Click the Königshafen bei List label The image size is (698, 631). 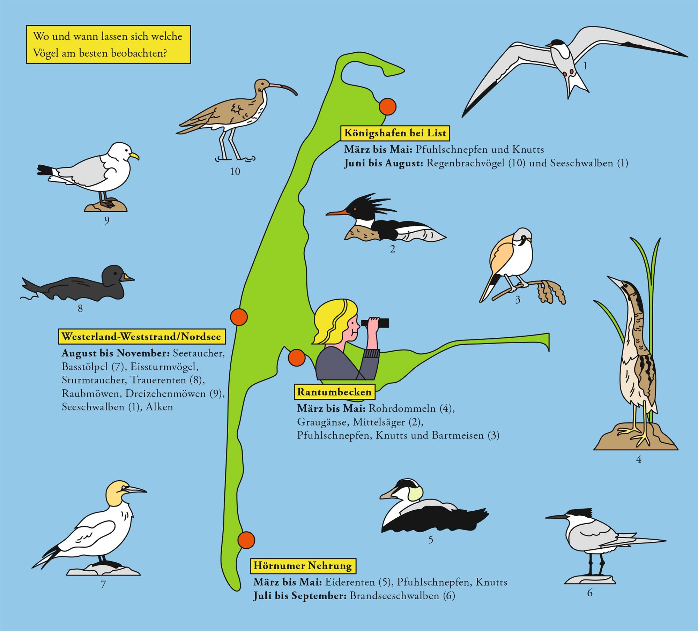click(x=395, y=133)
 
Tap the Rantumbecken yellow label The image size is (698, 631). click(x=334, y=392)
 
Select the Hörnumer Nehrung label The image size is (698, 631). click(x=303, y=566)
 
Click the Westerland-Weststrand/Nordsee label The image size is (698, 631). click(x=141, y=337)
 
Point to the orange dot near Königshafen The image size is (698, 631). click(x=388, y=106)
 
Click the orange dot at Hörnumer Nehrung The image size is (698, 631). click(x=246, y=540)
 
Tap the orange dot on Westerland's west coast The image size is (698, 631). click(x=239, y=317)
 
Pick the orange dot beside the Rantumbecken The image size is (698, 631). click(x=297, y=358)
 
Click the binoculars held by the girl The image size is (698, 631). click(x=375, y=323)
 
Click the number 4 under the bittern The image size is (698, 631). click(x=639, y=459)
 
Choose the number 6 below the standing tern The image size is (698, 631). click(x=590, y=593)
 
